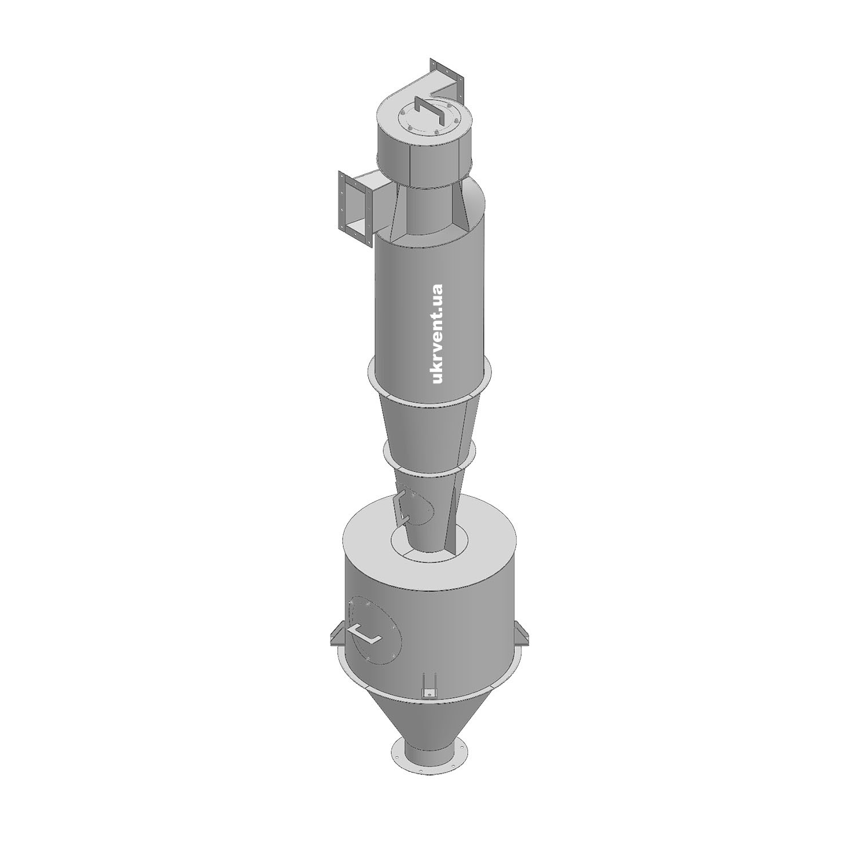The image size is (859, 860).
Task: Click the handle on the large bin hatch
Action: [x=366, y=633]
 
